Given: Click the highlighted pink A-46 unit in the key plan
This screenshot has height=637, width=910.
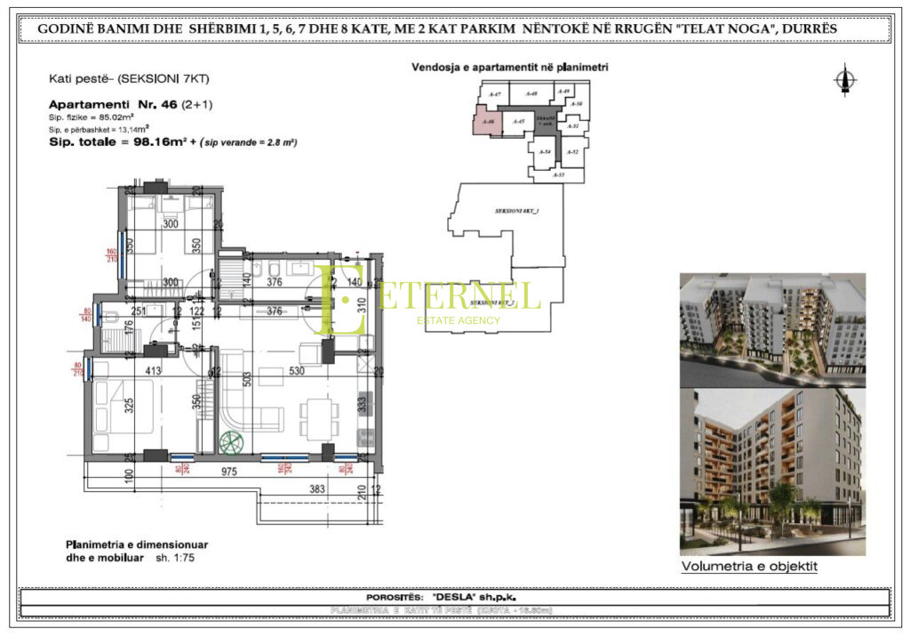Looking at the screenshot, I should click(484, 121).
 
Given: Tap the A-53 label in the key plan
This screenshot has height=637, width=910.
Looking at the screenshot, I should click(558, 175).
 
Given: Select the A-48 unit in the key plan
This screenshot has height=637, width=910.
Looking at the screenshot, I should click(531, 93).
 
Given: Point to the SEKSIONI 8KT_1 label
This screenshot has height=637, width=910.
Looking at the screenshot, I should click(517, 211).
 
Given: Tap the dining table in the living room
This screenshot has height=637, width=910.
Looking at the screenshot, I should click(317, 415).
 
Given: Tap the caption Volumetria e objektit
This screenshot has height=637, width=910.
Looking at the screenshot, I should click(748, 566).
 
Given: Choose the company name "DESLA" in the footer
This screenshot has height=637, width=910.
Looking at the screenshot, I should click(454, 597).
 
